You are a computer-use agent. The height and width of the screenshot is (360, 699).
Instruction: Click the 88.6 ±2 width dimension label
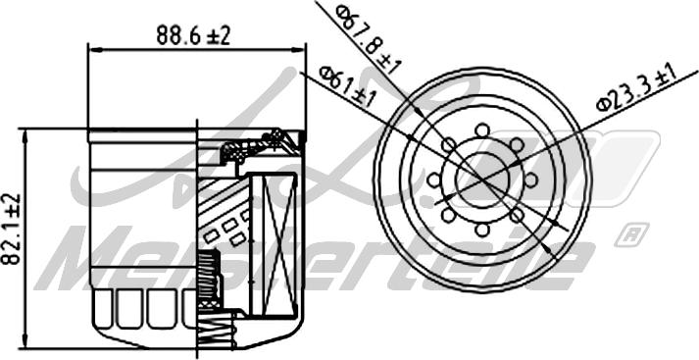(193, 34)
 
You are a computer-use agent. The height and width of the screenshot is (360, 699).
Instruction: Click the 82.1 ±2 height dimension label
(12, 229)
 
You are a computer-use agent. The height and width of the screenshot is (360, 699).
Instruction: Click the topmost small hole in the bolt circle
(482, 130)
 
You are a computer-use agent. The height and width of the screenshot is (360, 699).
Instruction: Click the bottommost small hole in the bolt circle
(482, 231)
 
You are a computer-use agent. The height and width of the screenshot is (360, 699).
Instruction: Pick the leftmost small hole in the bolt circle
(433, 180)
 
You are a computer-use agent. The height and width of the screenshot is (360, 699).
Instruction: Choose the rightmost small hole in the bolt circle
(530, 180)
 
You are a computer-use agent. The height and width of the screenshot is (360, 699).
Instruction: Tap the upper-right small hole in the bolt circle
(517, 145)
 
